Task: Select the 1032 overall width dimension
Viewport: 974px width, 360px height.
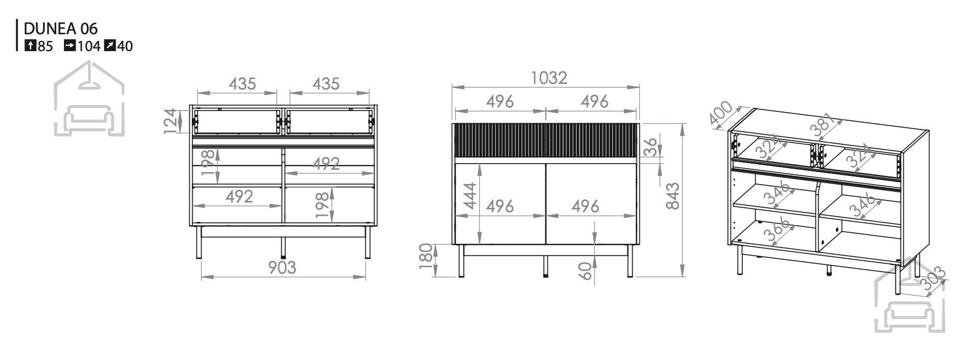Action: point(549,78)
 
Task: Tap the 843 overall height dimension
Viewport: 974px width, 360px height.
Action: point(673,196)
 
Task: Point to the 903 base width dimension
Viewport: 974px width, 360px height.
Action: point(282,267)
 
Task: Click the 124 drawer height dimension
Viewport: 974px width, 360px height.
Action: point(172,121)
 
